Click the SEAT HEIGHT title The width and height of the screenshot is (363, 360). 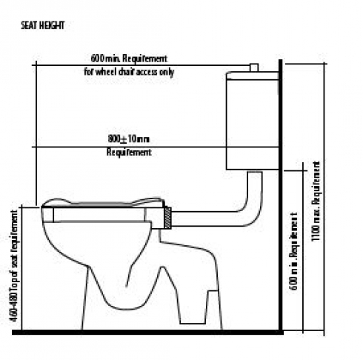pyautogui.click(x=42, y=25)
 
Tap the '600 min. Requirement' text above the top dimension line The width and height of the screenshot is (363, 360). pyautogui.click(x=129, y=59)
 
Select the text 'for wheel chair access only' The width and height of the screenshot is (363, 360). pyautogui.click(x=129, y=72)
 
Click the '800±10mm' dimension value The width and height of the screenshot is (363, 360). pyautogui.click(x=129, y=139)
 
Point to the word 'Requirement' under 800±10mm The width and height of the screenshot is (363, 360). pyautogui.click(x=129, y=152)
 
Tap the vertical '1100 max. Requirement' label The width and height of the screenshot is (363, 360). pyautogui.click(x=316, y=201)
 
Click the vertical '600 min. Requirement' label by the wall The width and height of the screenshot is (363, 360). pyautogui.click(x=294, y=251)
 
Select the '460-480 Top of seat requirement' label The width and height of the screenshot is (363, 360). pyautogui.click(x=14, y=266)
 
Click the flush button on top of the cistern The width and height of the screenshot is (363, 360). pyautogui.click(x=254, y=67)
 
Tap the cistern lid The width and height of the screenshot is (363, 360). pyautogui.click(x=253, y=76)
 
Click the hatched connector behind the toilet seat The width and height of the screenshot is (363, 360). pyautogui.click(x=167, y=218)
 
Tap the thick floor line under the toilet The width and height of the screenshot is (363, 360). pyautogui.click(x=147, y=333)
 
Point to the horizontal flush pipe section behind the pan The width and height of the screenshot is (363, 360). pyautogui.click(x=205, y=219)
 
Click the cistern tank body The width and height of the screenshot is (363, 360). pyautogui.click(x=253, y=124)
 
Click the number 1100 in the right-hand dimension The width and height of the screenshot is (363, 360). pyautogui.click(x=316, y=233)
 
